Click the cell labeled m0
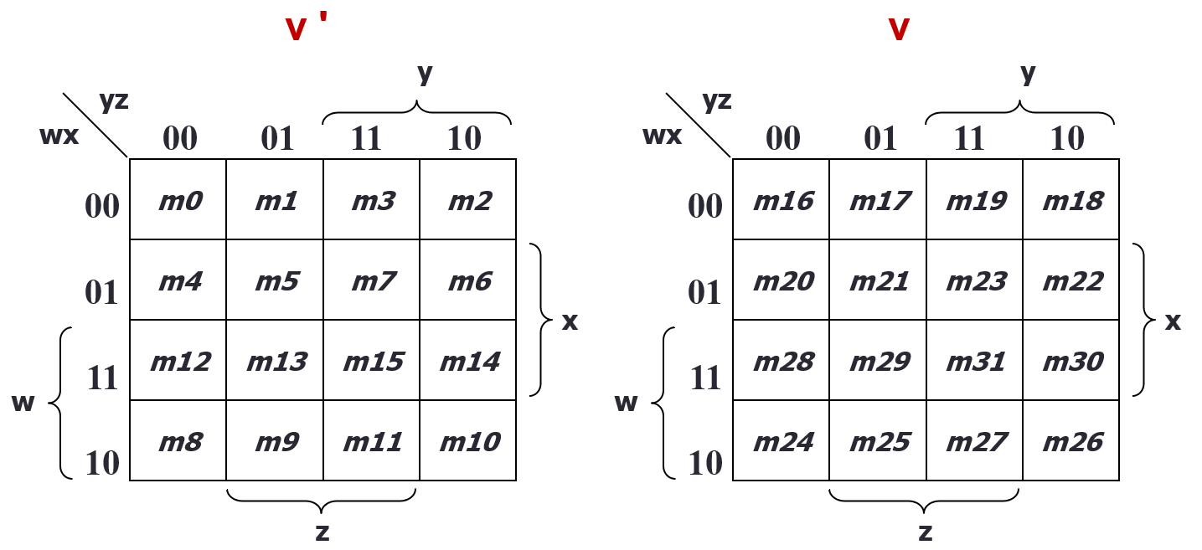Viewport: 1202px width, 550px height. (178, 201)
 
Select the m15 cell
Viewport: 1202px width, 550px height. (373, 362)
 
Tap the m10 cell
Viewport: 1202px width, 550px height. (469, 442)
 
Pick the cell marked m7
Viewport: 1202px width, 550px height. (373, 281)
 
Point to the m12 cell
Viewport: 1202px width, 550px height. (180, 362)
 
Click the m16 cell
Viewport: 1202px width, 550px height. (782, 201)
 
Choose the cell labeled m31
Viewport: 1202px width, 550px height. (976, 362)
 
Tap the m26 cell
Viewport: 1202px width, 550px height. (1072, 442)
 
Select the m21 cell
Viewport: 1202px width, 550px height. (879, 281)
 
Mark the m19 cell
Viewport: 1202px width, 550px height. (976, 201)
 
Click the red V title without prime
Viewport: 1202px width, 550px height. (899, 29)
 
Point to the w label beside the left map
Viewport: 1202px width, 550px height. (23, 404)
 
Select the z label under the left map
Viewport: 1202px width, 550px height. (322, 532)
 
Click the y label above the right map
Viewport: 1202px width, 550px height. (1029, 74)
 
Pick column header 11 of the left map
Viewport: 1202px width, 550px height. (365, 138)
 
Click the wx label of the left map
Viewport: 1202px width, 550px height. (59, 135)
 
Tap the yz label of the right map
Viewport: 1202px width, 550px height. (716, 101)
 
